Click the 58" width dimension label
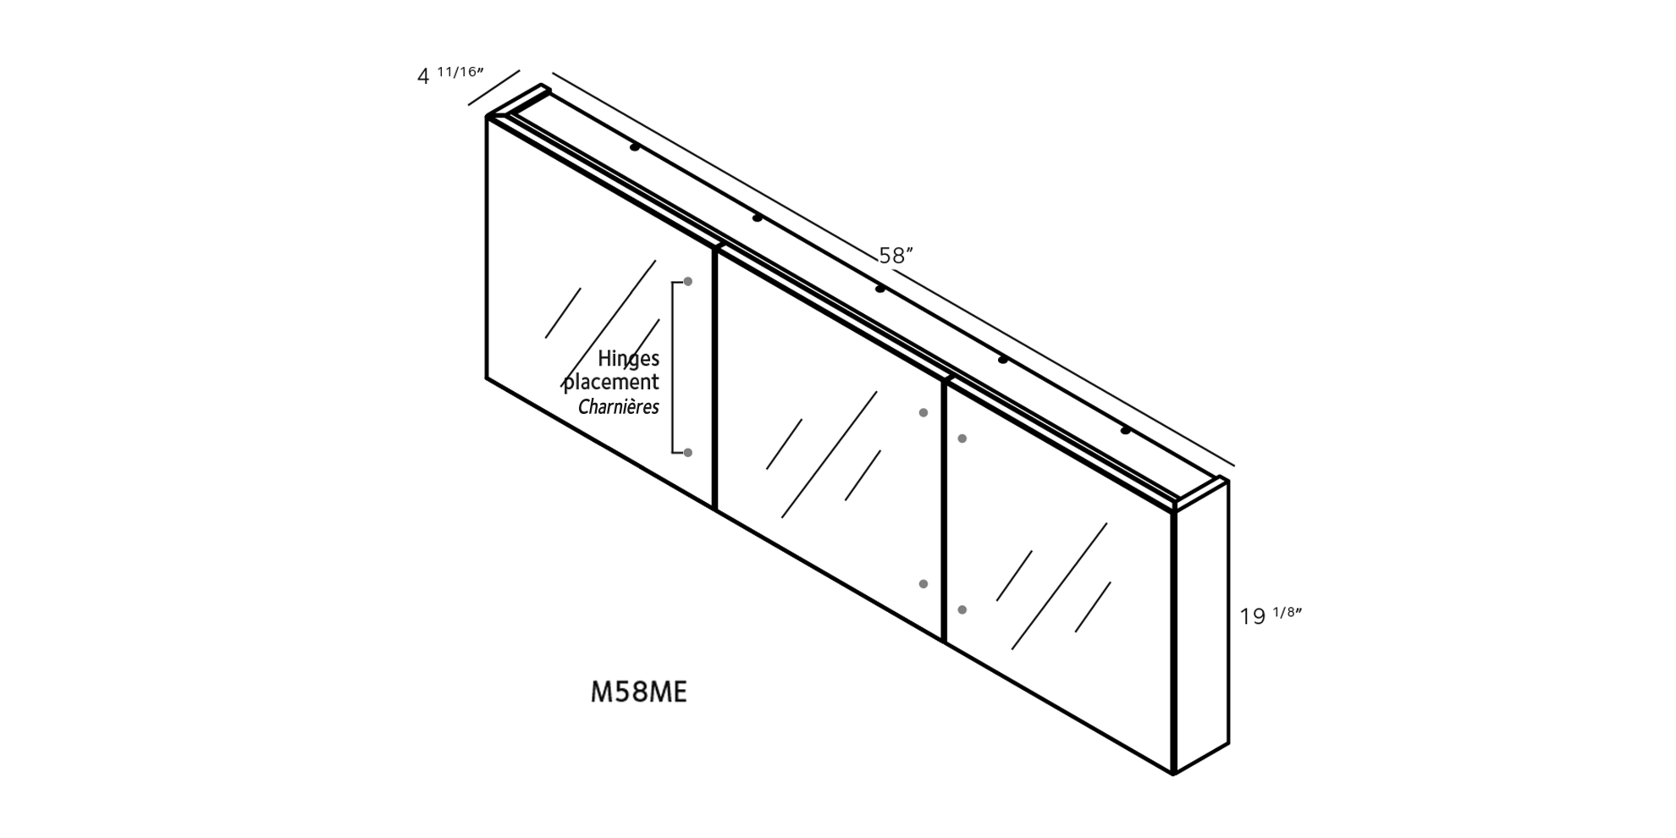896,256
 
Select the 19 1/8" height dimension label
1270,615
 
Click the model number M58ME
638,692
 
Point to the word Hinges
628,359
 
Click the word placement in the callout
611,383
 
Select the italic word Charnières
619,407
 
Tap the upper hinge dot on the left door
688,281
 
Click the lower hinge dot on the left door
688,453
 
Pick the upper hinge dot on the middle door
923,413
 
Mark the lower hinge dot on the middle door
923,584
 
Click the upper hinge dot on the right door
962,438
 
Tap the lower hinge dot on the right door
962,609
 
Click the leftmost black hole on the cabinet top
635,147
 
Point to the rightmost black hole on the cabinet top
1126,431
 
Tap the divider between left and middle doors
715,378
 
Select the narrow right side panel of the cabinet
1202,626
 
